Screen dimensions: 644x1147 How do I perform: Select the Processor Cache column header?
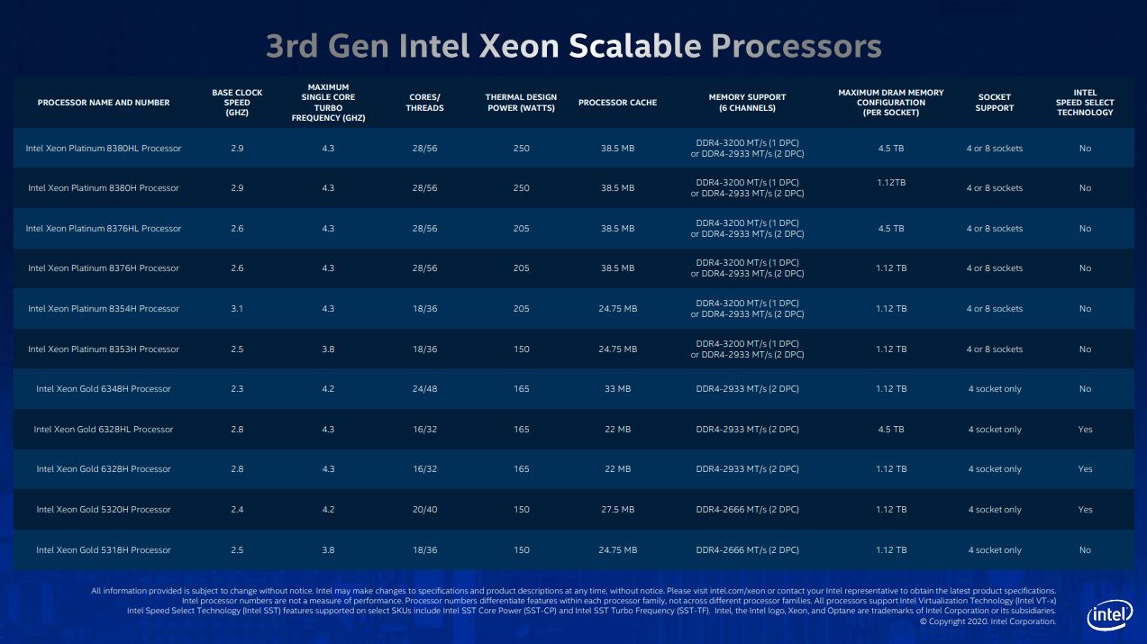coord(617,103)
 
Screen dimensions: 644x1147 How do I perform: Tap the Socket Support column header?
coord(994,103)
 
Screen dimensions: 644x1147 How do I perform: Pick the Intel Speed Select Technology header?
coord(1085,103)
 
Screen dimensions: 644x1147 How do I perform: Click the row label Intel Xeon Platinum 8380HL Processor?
coord(104,149)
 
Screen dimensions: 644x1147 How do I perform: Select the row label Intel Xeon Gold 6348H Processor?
coord(104,389)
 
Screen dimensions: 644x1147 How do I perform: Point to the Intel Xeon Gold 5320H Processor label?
coord(104,510)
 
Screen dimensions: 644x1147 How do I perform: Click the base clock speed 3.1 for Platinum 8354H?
coord(237,309)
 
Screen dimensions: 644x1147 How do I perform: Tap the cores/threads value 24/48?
coord(424,389)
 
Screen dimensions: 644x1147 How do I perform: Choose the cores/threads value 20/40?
coord(424,510)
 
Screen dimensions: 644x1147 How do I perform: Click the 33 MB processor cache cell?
coord(617,389)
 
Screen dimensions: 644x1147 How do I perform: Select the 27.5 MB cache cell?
coord(617,510)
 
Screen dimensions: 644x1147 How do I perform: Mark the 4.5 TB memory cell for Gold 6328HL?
coord(890,430)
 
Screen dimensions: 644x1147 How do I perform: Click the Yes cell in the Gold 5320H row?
coord(1085,510)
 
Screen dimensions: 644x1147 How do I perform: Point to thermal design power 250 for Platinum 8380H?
coord(522,188)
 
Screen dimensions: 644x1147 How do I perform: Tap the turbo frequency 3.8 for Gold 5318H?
coord(327,550)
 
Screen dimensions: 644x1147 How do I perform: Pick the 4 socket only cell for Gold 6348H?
coord(995,389)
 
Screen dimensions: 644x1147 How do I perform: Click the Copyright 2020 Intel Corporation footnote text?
coord(987,621)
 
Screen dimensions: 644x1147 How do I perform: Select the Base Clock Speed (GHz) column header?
coord(237,103)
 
